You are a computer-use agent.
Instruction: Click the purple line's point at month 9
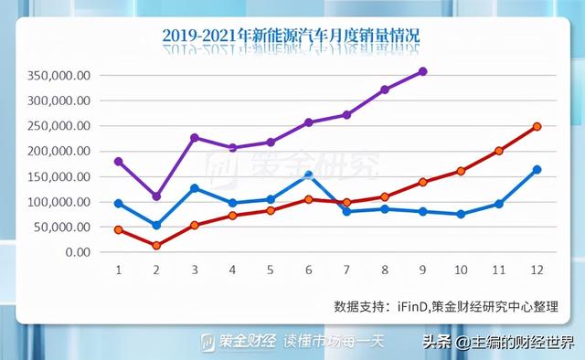[x=422, y=71]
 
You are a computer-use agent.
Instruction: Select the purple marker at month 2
[x=156, y=196]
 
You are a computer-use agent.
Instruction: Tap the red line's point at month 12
[x=537, y=127]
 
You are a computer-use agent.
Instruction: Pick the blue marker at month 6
[x=309, y=175]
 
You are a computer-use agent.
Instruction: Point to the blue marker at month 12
[x=537, y=169]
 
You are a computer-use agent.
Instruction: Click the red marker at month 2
[x=156, y=245]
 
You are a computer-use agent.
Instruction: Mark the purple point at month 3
[x=195, y=138]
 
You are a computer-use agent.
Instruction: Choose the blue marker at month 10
[x=461, y=214]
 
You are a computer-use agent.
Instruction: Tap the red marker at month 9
[x=422, y=182]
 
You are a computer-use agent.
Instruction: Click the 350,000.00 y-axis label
[x=59, y=76]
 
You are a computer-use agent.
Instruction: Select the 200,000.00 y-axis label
[x=59, y=152]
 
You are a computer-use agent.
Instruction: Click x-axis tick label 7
[x=346, y=270]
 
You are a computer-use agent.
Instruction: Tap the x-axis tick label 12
[x=537, y=270]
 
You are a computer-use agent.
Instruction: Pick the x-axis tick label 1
[x=118, y=270]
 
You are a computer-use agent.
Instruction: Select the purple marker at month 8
[x=385, y=90]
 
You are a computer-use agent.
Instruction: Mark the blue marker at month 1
[x=118, y=203]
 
